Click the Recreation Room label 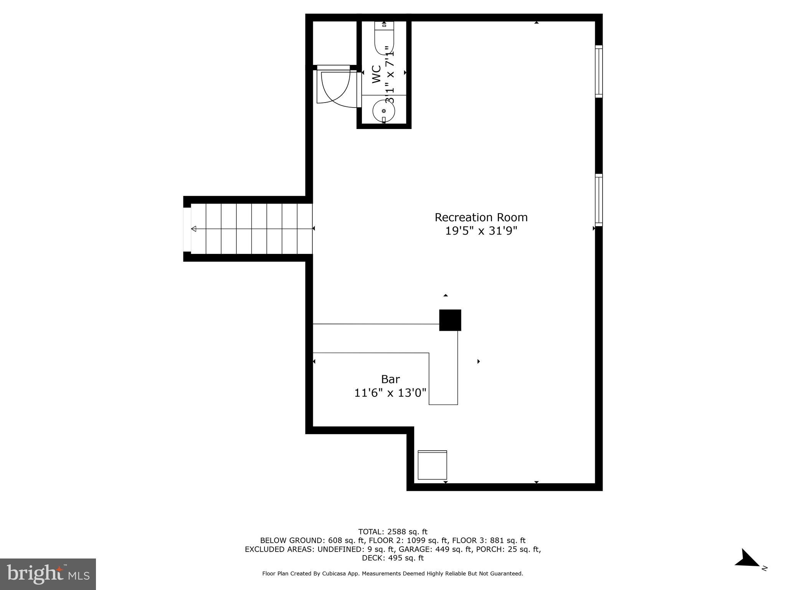[481, 217]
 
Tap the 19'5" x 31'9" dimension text [481, 231]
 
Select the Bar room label [390, 380]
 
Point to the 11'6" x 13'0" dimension [390, 393]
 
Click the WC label [376, 74]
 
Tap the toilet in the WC [384, 38]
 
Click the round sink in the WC [384, 111]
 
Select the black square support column [450, 320]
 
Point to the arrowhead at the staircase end [194, 229]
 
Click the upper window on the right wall [599, 71]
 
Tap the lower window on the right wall [599, 200]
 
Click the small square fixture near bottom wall [432, 465]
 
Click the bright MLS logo [48, 574]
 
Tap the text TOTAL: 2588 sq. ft [393, 532]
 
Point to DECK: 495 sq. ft [393, 558]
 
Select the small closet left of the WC [335, 43]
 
